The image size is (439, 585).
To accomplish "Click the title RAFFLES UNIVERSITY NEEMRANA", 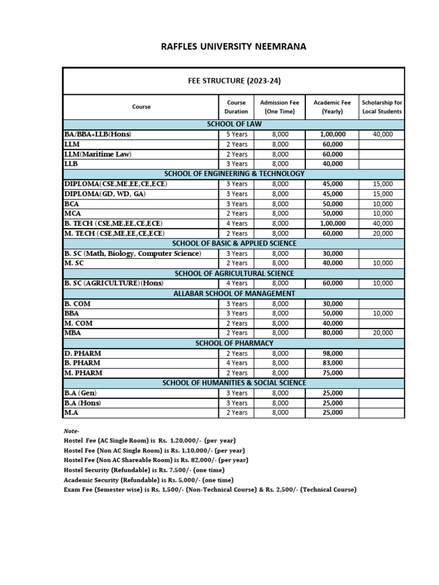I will pos(234,46).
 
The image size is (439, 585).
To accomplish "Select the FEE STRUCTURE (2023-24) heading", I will pos(234,81).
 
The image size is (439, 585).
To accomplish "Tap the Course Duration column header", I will pos(236,107).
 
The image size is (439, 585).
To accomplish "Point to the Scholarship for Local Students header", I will pos(382,107).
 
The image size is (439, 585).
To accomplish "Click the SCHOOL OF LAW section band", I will pos(234,124).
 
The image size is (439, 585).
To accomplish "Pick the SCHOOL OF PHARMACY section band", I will pos(234,343).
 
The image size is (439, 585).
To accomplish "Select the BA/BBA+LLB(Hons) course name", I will pos(98,134).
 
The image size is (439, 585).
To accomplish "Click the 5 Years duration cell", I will pos(236,134).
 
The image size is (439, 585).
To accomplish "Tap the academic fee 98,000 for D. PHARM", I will pos(333,354).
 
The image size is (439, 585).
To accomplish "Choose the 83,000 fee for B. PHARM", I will pos(333,363).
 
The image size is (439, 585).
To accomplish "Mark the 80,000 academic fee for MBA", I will pos(333,333).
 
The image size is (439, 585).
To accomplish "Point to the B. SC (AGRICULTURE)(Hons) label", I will pos(110,283).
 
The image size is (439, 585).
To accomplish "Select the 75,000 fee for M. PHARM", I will pos(333,373).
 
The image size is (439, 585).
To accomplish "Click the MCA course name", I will pos(73,214).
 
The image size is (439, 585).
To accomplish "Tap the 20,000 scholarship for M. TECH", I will pos(382,234).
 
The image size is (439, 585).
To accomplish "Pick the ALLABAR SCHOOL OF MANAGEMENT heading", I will pos(234,294).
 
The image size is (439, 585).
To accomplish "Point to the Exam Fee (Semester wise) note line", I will pos(210,490).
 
